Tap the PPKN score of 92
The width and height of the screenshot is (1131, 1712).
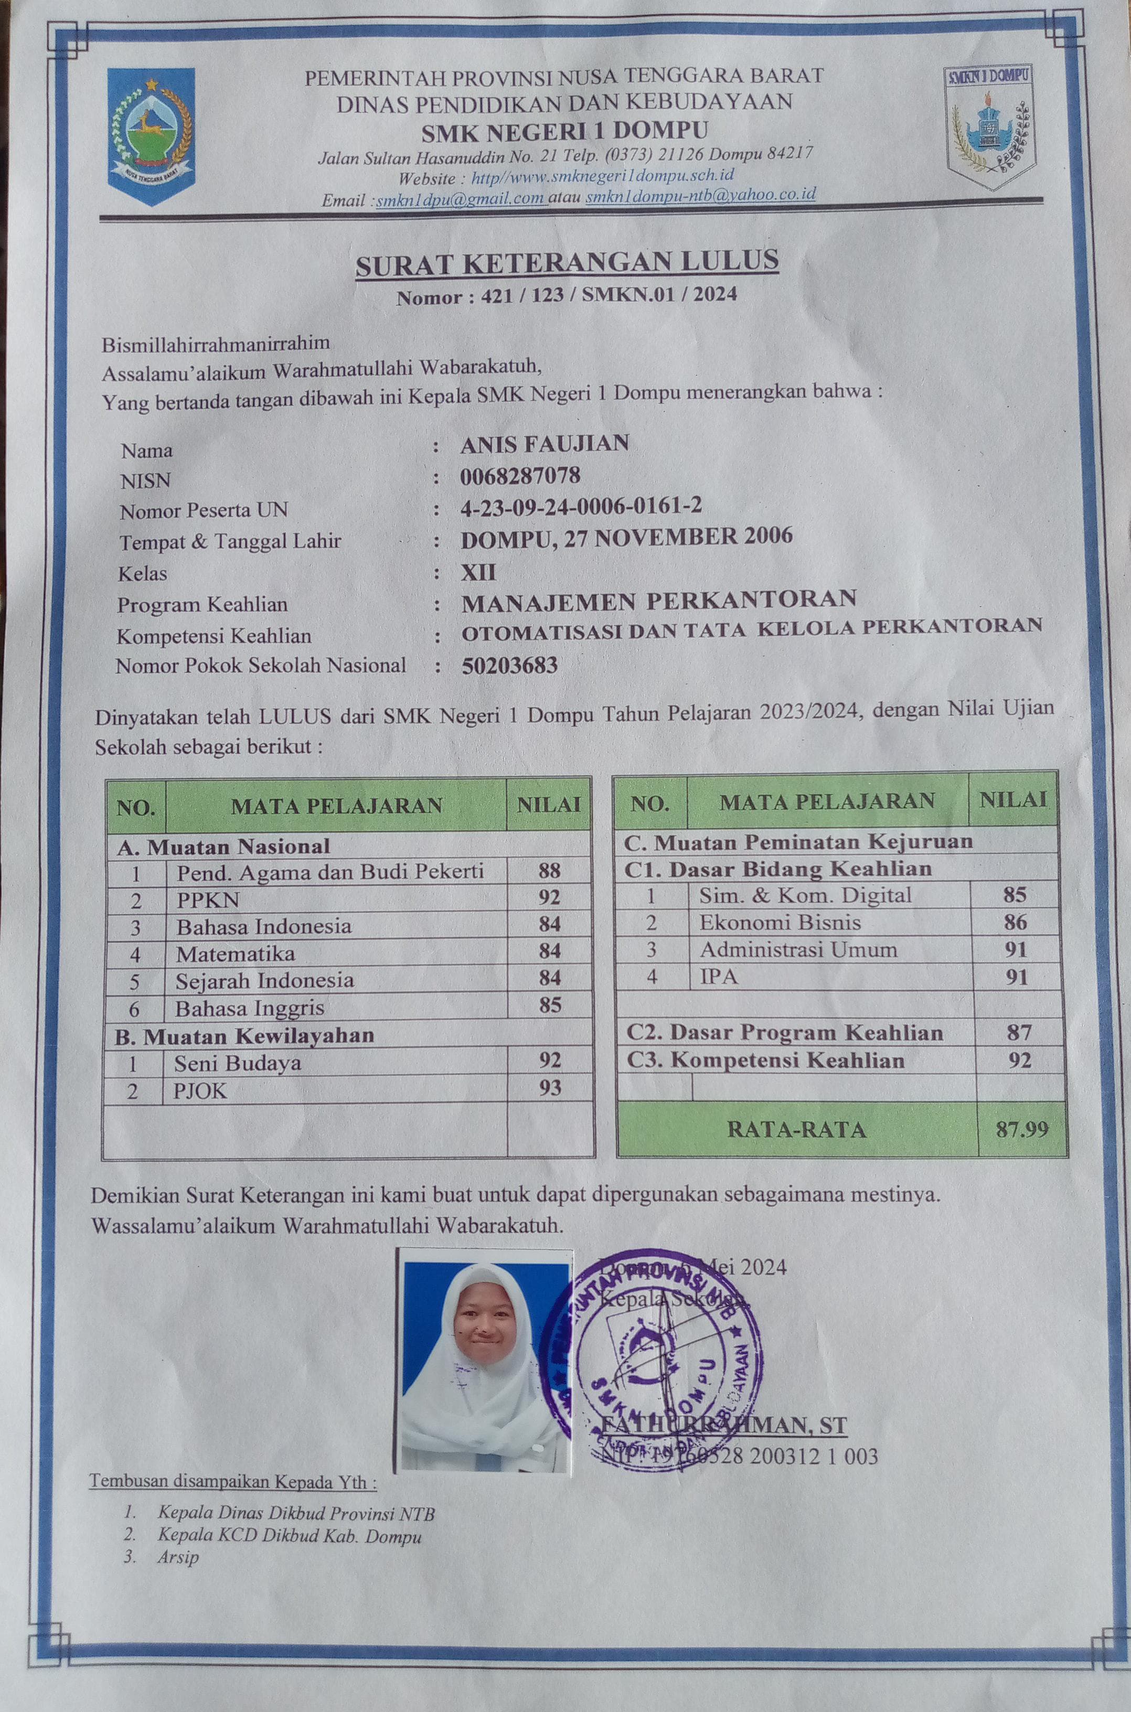click(550, 898)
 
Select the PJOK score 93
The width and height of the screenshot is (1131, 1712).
click(550, 1087)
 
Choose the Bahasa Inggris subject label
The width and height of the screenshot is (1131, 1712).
click(250, 1008)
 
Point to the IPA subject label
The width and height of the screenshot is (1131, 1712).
click(719, 977)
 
